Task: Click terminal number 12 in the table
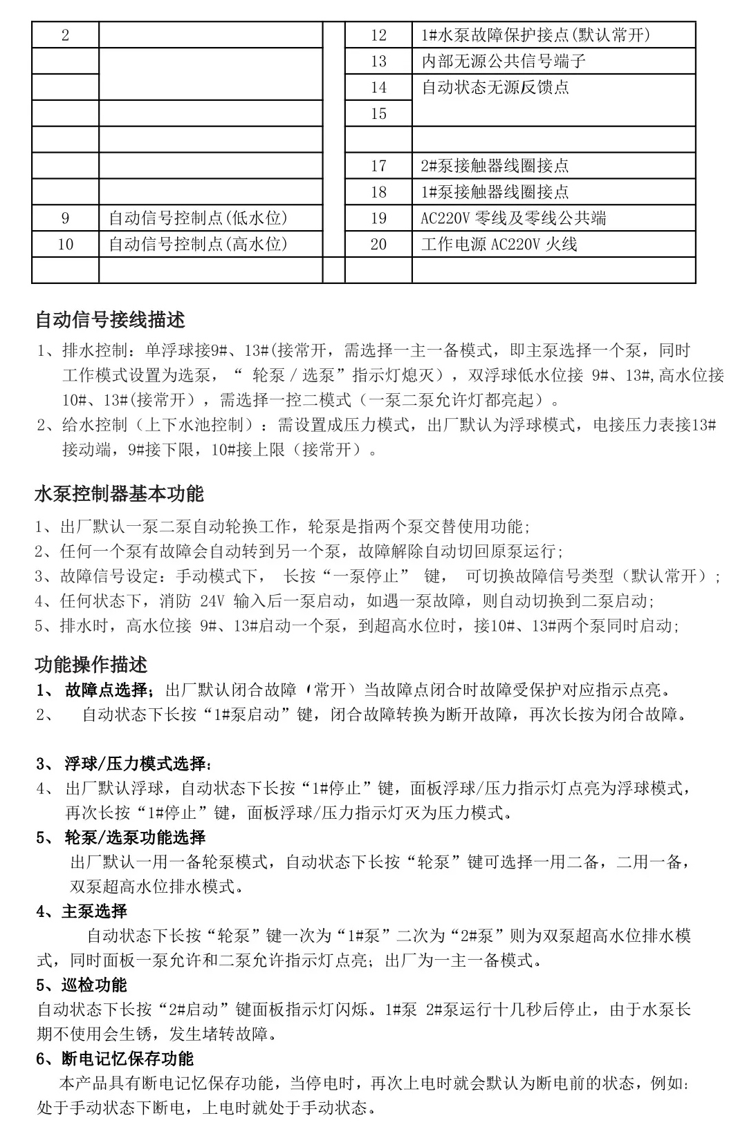[x=378, y=35]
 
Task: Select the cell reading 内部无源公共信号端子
[x=504, y=61]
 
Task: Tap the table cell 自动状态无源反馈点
[x=495, y=88]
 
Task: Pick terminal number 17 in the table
[x=378, y=166]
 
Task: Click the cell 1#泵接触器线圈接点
[x=495, y=192]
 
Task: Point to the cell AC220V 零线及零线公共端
[x=513, y=218]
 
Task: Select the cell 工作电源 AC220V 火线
[x=499, y=245]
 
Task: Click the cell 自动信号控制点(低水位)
[x=198, y=218]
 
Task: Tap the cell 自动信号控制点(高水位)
[x=198, y=245]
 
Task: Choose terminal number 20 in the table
[x=378, y=245]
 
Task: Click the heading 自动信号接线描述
[x=110, y=321]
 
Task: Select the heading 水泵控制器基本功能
[x=119, y=494]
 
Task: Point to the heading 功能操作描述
[x=91, y=665]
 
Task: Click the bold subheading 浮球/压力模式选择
[x=138, y=764]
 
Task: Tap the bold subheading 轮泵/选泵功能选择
[x=135, y=837]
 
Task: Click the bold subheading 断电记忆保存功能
[x=127, y=1059]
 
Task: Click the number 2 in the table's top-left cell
[x=66, y=35]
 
